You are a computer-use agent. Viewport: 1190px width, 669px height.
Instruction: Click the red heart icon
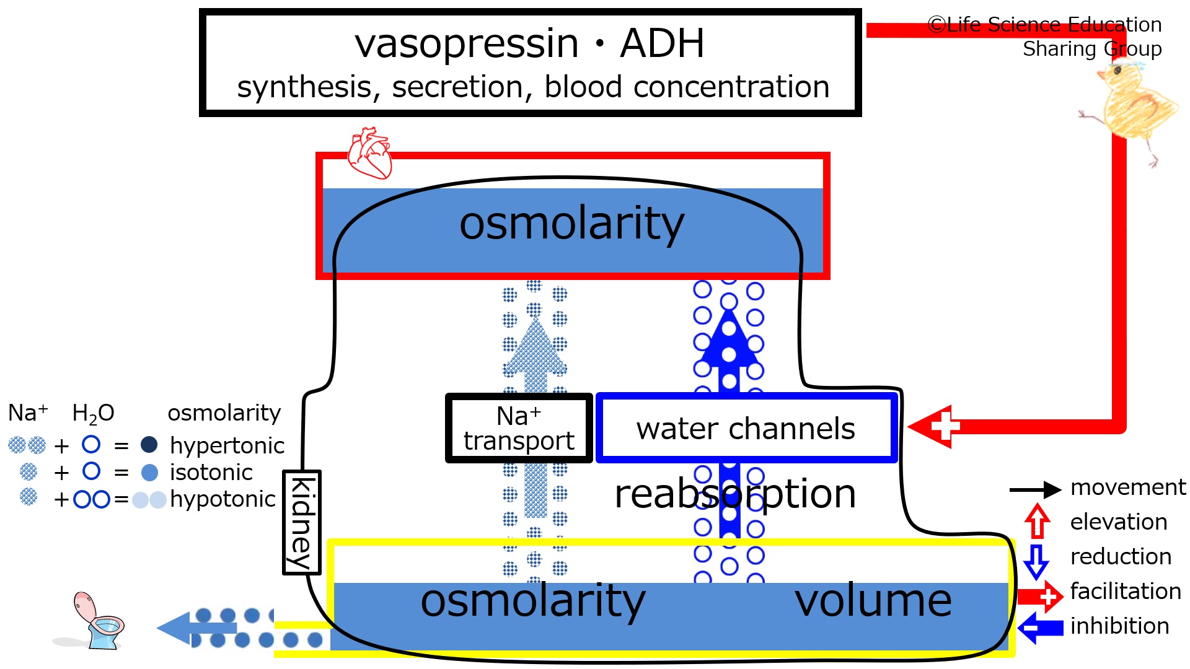pos(370,153)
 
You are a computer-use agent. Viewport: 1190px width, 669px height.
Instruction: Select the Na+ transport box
pos(519,428)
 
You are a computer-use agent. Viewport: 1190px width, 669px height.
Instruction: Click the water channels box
pos(747,428)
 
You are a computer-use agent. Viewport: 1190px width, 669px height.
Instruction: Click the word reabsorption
pos(735,494)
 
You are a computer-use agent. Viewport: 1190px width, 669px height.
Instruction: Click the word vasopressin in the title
pos(467,44)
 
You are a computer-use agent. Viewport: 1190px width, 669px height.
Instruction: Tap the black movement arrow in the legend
pos(1035,489)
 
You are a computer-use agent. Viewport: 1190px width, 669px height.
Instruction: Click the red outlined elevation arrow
pos(1037,522)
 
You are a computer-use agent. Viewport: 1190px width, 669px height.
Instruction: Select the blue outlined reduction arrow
pos(1036,561)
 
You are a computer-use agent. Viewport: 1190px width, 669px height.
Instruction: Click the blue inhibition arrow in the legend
pos(1041,628)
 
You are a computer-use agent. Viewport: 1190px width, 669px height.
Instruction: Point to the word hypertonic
pos(227,446)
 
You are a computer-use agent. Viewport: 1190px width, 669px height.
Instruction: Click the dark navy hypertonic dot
pos(149,445)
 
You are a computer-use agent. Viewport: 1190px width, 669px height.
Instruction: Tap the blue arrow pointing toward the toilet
pos(196,628)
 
